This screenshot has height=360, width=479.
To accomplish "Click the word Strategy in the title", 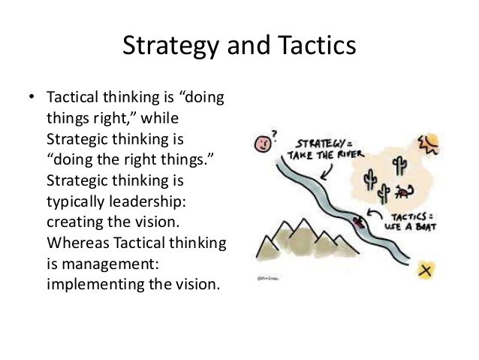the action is [170, 46].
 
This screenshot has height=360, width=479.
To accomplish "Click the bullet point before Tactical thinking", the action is [31, 97].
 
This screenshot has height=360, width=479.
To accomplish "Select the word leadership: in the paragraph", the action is [147, 201].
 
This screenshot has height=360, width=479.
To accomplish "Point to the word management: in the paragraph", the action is [110, 264].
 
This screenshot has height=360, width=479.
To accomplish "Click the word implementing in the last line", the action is [95, 284].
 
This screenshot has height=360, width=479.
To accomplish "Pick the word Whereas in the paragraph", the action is [78, 243].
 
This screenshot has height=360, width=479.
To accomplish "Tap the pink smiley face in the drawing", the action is [263, 143].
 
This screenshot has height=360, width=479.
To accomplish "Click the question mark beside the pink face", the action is [275, 135].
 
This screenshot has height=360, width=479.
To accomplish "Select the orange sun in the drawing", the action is [429, 143].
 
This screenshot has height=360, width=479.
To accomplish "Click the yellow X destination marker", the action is [425, 271].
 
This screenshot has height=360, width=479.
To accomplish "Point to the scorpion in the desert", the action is [404, 192].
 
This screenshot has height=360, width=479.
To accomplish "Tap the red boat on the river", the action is [359, 222].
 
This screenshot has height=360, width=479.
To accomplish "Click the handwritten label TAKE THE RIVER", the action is [326, 155].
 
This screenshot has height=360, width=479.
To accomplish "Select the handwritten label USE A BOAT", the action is [410, 227].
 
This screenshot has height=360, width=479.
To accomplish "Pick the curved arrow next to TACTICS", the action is [374, 213].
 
